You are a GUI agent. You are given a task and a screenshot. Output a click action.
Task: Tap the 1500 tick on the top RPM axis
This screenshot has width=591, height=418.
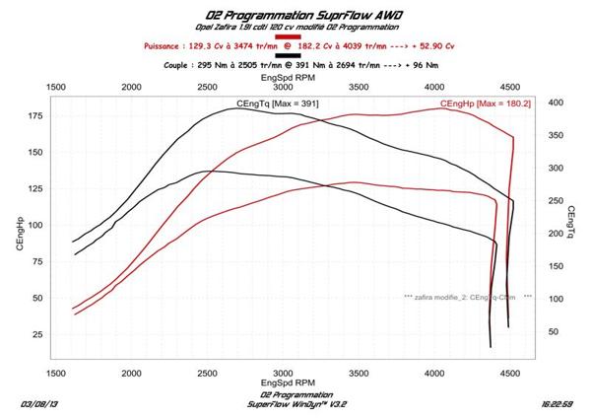point(56,87)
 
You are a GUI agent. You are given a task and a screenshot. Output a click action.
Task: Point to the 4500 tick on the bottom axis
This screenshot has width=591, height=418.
point(509,373)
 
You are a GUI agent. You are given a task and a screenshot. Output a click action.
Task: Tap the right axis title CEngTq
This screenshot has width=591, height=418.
point(571,225)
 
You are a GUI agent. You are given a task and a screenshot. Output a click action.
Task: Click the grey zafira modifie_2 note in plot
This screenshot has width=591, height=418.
point(467,296)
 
